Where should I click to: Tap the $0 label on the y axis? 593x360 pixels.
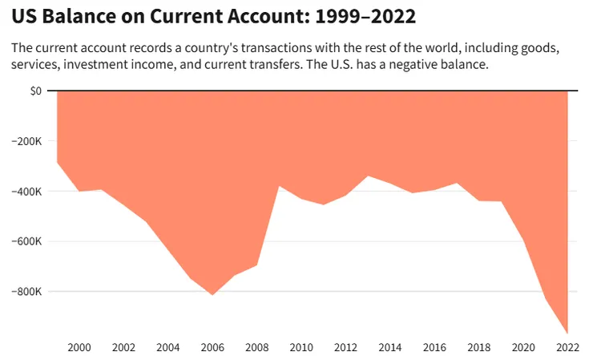[x=34, y=91]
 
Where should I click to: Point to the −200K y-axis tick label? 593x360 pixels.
[x=27, y=141]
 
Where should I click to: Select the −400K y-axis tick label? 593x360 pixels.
[x=27, y=192]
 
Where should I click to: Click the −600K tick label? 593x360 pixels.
[x=27, y=241]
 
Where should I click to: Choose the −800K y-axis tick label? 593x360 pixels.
[x=27, y=292]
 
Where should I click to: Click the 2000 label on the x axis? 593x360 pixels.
[x=79, y=347]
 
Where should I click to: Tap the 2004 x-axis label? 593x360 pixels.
[x=168, y=347]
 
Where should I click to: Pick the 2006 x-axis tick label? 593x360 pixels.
[x=212, y=347]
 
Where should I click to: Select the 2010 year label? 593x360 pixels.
[x=301, y=347]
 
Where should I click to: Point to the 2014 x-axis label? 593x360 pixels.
[x=390, y=347]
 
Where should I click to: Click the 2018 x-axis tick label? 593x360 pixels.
[x=479, y=347]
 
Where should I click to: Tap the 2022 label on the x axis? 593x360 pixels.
[x=567, y=347]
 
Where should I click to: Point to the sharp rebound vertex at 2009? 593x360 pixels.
[x=279, y=186]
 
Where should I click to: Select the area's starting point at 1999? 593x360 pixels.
[x=58, y=163]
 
